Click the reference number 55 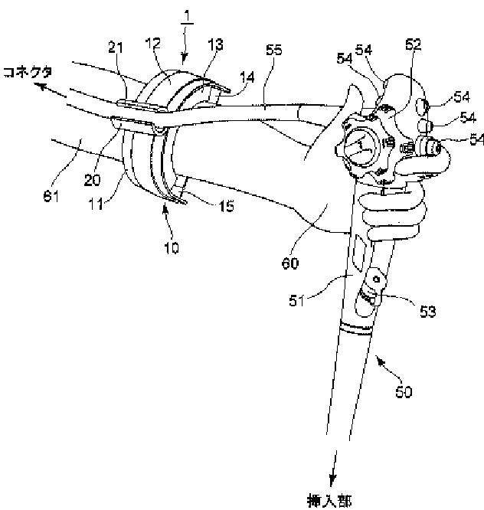point(273,51)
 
